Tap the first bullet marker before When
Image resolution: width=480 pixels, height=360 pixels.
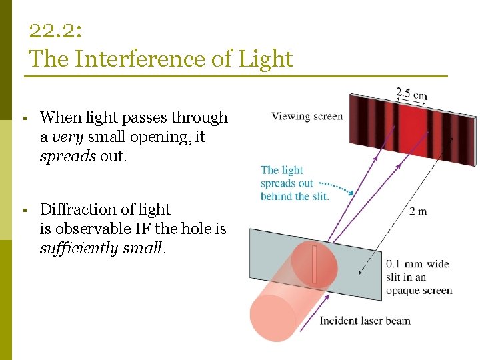(x=23, y=119)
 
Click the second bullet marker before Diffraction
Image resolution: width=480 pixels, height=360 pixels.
(x=23, y=211)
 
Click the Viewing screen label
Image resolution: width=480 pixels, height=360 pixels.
(x=307, y=116)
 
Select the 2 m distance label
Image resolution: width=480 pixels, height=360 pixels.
(x=418, y=211)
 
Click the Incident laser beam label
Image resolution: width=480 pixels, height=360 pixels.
(x=365, y=321)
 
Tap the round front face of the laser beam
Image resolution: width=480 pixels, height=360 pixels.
(x=273, y=316)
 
